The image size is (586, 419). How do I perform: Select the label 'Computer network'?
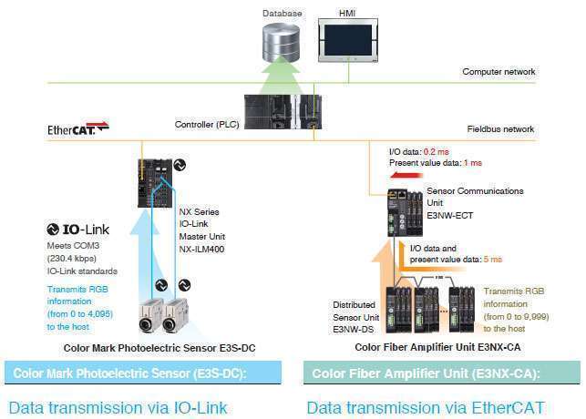(x=499, y=71)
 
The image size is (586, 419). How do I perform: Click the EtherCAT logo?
(x=77, y=129)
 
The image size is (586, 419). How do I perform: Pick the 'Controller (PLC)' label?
(x=207, y=124)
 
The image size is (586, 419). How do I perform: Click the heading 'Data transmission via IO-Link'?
(x=118, y=407)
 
